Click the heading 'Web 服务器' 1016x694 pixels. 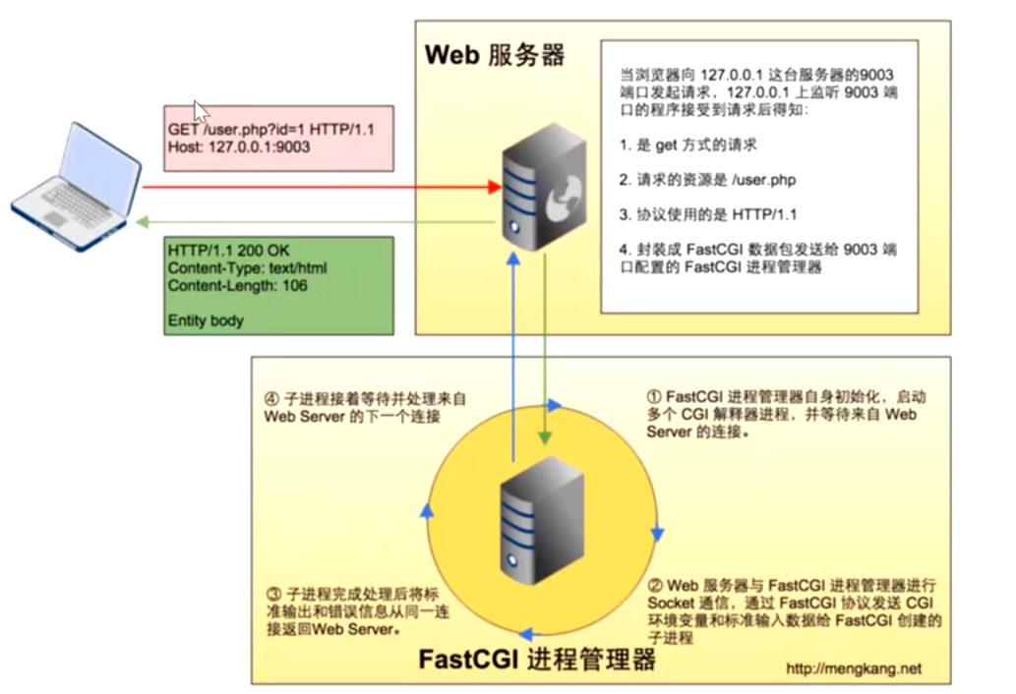(495, 55)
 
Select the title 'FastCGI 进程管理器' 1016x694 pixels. (537, 658)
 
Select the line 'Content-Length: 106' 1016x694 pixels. (237, 286)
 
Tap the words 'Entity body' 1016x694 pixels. (206, 320)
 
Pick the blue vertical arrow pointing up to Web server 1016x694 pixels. (512, 354)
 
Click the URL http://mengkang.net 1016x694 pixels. (853, 668)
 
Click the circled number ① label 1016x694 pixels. (654, 396)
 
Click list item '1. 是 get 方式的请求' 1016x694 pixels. (688, 145)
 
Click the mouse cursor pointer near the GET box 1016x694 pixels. (200, 110)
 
